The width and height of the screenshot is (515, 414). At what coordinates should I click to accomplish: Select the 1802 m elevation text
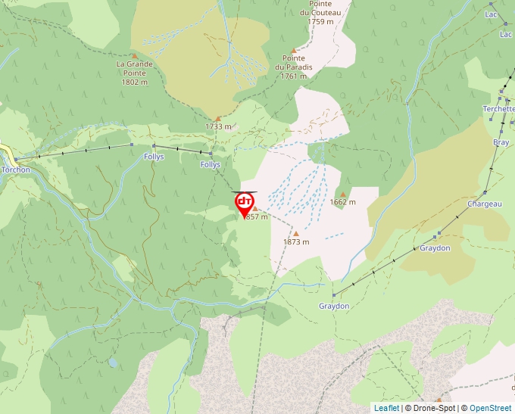(x=135, y=82)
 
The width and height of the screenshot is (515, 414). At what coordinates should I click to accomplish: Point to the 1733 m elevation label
(x=217, y=126)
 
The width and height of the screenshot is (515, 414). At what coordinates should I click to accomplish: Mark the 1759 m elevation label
(x=321, y=21)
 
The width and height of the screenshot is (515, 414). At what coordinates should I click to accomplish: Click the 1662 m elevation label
(x=343, y=202)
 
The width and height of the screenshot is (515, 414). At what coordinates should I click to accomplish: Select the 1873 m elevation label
(x=296, y=242)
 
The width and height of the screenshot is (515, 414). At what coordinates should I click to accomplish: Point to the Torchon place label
(x=16, y=170)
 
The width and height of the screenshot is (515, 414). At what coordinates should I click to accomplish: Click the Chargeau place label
(x=485, y=204)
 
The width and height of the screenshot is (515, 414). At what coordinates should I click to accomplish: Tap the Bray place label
(x=501, y=142)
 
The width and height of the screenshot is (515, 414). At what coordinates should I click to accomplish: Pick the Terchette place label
(x=499, y=109)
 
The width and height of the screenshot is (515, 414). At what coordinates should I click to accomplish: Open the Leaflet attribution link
(x=386, y=408)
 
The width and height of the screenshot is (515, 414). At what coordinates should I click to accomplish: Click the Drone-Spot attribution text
(x=432, y=408)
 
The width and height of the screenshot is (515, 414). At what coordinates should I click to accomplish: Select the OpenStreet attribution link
(x=491, y=408)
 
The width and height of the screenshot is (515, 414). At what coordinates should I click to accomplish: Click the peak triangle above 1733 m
(x=218, y=118)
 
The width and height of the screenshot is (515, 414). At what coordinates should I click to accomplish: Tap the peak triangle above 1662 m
(x=342, y=194)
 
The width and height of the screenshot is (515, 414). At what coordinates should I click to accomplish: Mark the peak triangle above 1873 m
(x=295, y=233)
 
